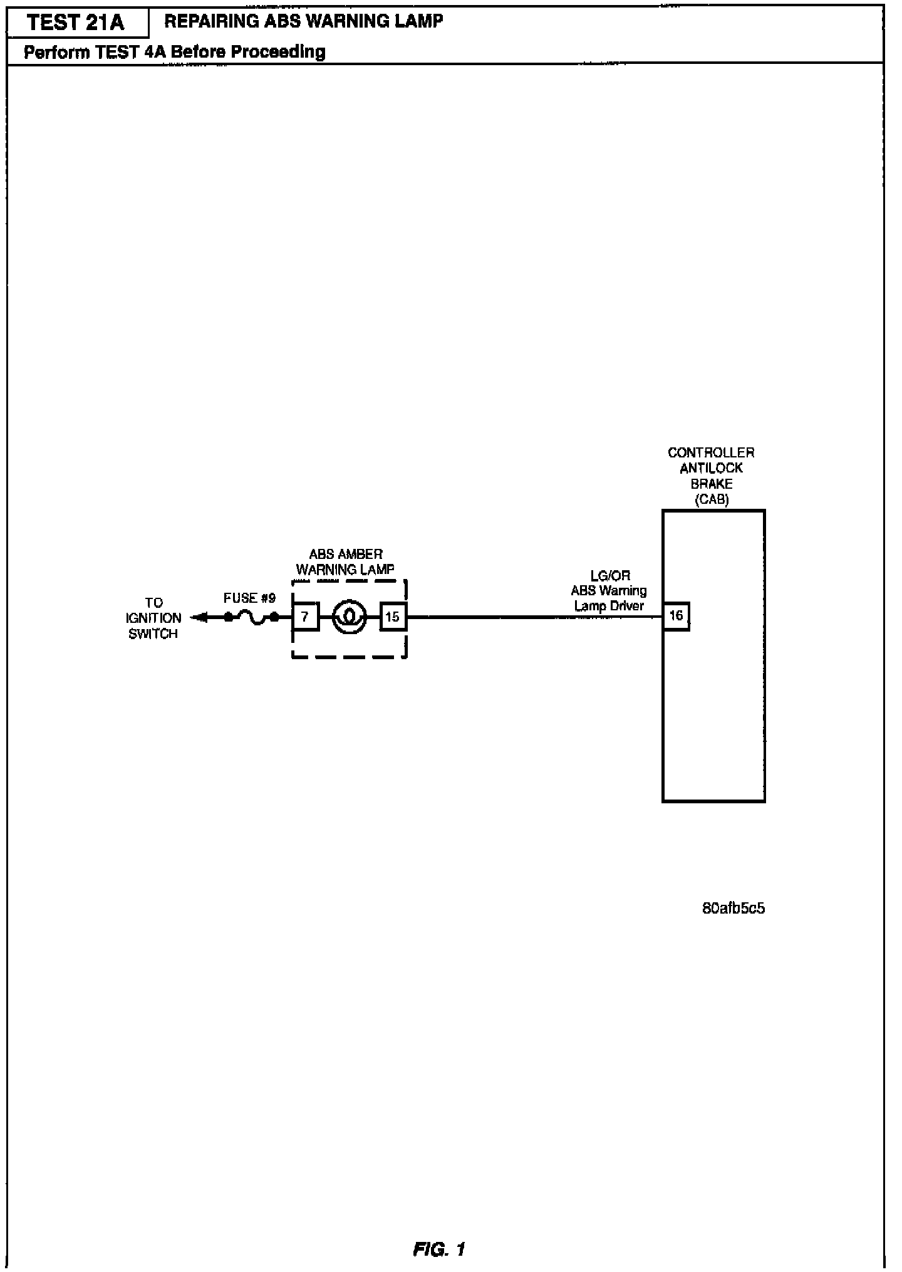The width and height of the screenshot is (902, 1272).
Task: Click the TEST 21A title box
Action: (76, 23)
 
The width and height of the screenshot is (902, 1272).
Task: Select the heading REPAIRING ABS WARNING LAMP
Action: (303, 21)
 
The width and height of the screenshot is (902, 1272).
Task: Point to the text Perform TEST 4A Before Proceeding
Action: (174, 51)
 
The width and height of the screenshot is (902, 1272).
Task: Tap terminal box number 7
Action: (305, 617)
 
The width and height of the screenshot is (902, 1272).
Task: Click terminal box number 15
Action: (393, 617)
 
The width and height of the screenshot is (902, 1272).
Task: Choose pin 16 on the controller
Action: (676, 615)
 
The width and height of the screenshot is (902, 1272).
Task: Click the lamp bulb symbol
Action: (349, 617)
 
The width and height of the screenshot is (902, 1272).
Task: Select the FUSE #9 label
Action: (249, 598)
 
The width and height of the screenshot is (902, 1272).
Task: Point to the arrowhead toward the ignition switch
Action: (199, 618)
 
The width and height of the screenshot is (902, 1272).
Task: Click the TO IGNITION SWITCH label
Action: (153, 618)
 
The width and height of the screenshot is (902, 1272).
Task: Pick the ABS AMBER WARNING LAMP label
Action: (345, 562)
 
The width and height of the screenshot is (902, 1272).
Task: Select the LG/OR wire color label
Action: (610, 576)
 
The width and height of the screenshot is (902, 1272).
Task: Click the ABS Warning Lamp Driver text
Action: (609, 598)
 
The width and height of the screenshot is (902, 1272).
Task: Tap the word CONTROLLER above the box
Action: (711, 452)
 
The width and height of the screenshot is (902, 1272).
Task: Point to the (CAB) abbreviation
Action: (712, 499)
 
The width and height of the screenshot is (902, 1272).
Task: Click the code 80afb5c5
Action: (734, 908)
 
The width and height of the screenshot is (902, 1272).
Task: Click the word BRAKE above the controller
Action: (712, 484)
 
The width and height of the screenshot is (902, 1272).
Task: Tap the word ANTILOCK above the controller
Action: (712, 468)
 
